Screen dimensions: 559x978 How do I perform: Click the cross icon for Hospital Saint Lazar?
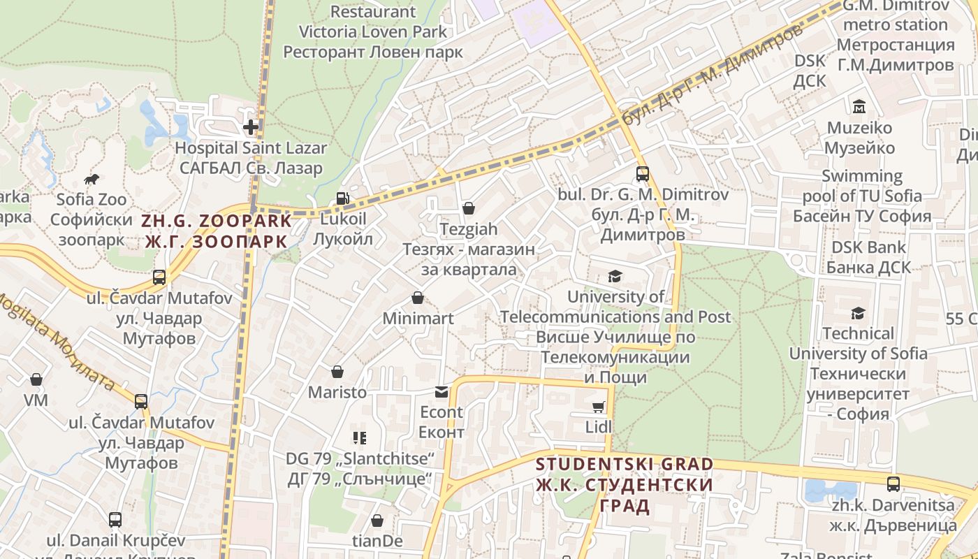coord(250,127)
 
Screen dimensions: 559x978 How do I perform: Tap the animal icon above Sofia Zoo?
coord(91,180)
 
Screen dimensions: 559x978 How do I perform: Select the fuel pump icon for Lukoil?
coord(342,198)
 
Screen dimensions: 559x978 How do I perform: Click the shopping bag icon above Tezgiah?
coord(469,208)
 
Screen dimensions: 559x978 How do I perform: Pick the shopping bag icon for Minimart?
coord(418,298)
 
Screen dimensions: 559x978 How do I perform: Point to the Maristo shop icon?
coord(337,372)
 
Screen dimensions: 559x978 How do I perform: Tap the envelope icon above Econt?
coord(441,392)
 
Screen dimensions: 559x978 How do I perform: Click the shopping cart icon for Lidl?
coord(599,407)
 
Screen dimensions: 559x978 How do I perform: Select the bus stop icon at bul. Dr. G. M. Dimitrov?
coord(642,174)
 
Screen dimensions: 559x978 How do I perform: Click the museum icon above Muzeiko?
coord(859,107)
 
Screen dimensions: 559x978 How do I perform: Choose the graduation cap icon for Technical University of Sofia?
coord(858,313)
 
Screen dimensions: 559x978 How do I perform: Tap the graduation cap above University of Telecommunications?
coord(615,277)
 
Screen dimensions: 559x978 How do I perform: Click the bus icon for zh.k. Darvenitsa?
coord(893,484)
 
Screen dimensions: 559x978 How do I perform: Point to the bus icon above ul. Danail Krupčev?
coord(115,520)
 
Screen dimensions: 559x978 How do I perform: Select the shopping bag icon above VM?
coord(36,379)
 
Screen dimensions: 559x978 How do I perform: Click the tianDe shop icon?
coord(377,521)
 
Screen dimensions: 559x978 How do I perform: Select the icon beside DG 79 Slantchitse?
coord(360,438)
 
